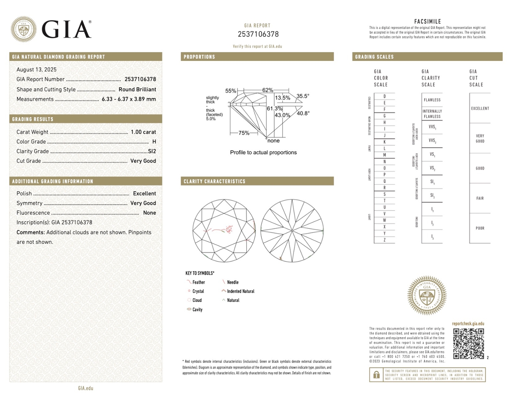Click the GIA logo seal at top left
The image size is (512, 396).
[x=23, y=29]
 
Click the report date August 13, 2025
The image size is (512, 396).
[x=36, y=70]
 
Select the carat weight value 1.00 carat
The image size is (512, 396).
[x=143, y=132]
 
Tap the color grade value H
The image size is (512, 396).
[x=154, y=142]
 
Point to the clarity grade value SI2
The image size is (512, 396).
[x=152, y=151]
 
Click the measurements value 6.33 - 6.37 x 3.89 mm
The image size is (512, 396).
[x=129, y=99]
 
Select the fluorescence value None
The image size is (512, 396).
[x=150, y=213]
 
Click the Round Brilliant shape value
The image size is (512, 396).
[x=137, y=89]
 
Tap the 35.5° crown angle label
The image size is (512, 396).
[x=303, y=96]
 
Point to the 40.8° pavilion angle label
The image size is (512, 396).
[x=303, y=113]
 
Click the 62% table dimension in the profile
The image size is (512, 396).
[x=268, y=90]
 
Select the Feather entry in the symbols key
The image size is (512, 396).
[x=198, y=282]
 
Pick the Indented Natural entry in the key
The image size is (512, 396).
[x=240, y=291]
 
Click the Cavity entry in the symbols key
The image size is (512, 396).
[x=197, y=309]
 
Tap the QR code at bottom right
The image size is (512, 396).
[x=468, y=344]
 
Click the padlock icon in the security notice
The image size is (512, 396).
[x=376, y=375]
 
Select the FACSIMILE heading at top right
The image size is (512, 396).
[x=427, y=22]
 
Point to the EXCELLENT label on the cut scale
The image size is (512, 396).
[x=480, y=109]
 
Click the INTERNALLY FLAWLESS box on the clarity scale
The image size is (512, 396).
[x=432, y=114]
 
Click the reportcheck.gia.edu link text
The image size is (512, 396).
[x=468, y=323]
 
